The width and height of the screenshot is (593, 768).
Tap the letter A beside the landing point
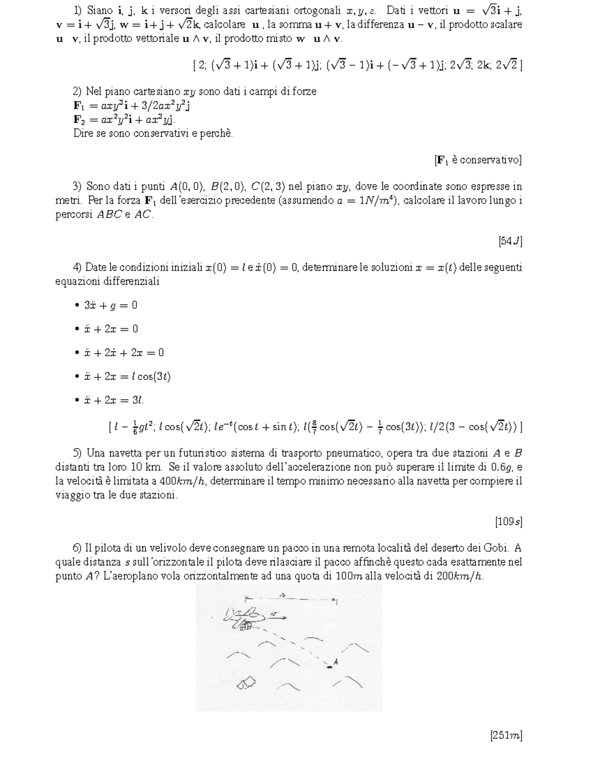336,661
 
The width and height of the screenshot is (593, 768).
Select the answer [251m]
506,735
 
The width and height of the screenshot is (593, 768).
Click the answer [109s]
508,521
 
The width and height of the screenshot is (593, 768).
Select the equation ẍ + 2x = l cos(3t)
127,376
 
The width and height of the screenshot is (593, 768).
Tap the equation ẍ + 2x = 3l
114,400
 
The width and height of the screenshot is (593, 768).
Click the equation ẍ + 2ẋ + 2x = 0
124,353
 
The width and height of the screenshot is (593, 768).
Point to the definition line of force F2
124,119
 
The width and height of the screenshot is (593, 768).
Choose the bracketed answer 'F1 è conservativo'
478,160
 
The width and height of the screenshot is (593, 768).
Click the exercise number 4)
77,268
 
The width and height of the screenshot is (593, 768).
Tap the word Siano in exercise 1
100,10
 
